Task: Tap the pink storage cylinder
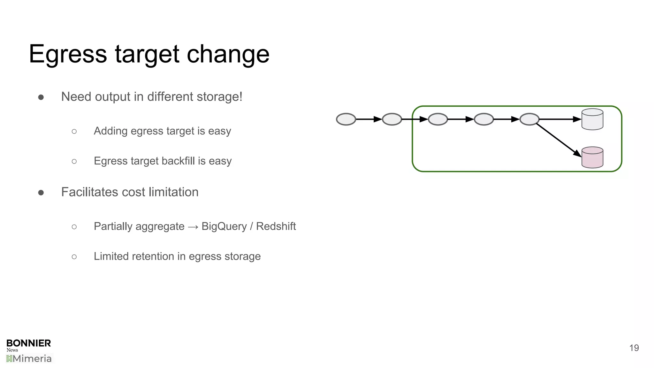[592, 158]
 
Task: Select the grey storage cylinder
[592, 119]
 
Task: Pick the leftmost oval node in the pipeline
[346, 119]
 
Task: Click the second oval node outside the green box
[392, 119]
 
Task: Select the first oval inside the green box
[438, 119]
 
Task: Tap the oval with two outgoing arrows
[529, 119]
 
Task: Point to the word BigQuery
[224, 226]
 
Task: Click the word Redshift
[276, 226]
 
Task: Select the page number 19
[634, 348]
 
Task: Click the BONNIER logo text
[29, 343]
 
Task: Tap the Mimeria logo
[29, 359]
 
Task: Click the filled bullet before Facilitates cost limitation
[41, 193]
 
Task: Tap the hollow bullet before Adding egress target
[74, 131]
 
